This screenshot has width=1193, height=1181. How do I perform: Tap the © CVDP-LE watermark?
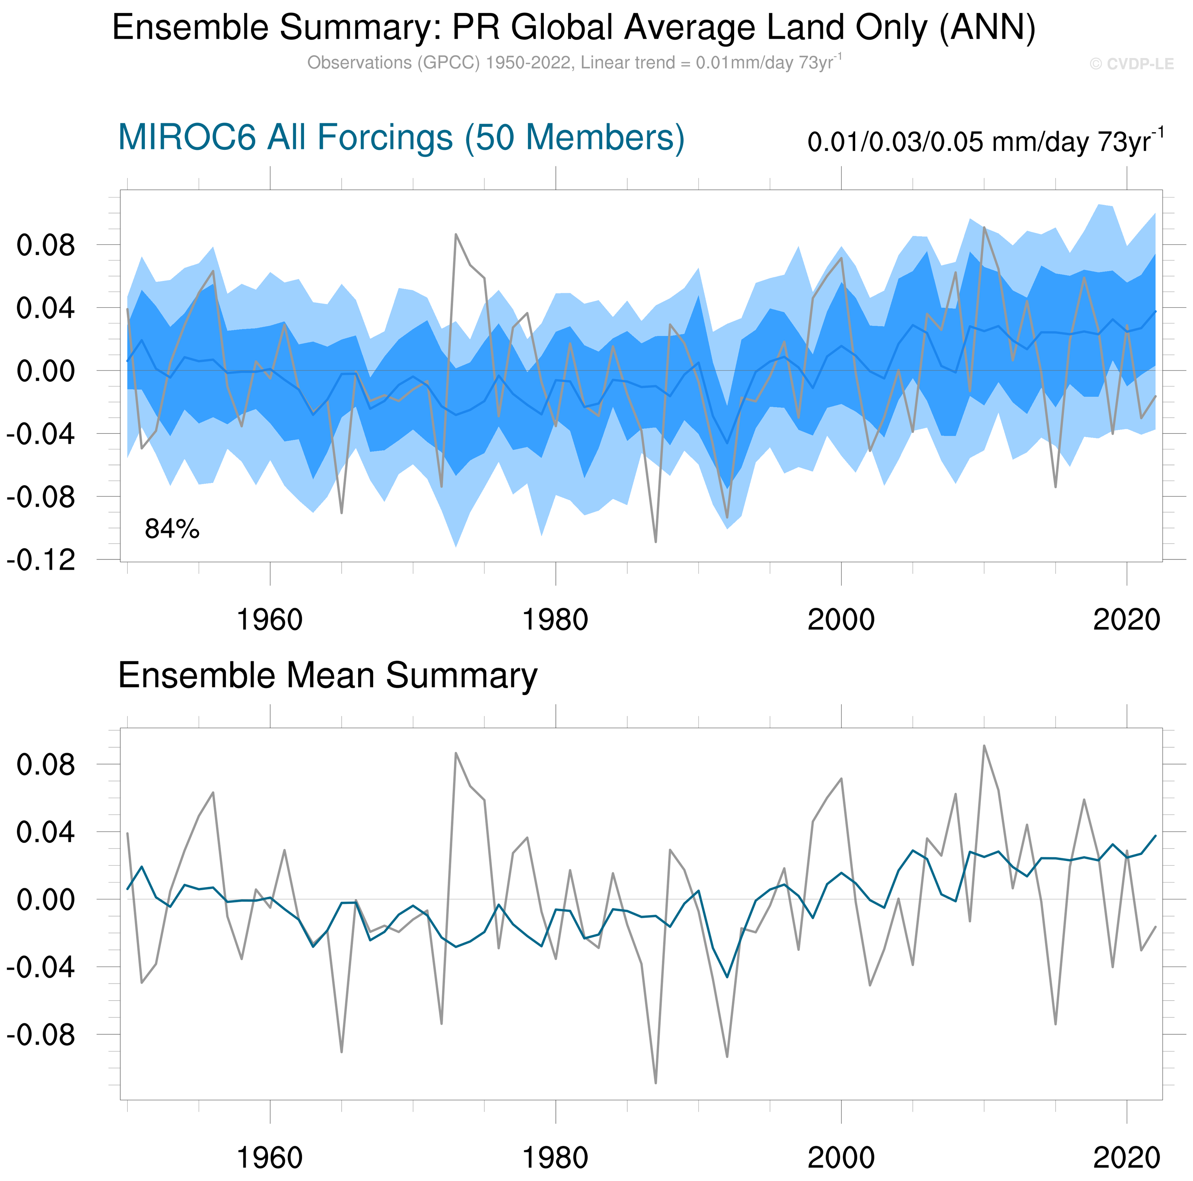1131,64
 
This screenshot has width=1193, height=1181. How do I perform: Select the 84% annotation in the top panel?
172,529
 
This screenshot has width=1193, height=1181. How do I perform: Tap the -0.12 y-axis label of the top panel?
41,561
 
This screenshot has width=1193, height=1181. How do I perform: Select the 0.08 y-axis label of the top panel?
46,245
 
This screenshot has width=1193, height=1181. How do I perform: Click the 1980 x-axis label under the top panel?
555,619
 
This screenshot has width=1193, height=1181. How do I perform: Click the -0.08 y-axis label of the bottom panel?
41,1034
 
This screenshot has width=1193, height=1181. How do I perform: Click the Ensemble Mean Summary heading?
327,675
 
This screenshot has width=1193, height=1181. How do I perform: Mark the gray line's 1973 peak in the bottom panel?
456,753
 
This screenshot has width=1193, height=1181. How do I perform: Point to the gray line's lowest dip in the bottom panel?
655,1083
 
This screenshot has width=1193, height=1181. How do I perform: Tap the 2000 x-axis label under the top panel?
841,619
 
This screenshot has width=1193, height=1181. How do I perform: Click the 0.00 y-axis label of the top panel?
46,371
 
